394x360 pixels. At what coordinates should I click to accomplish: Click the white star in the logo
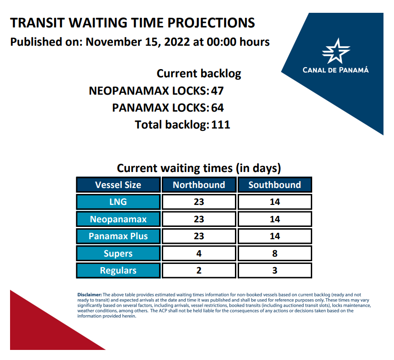(335, 51)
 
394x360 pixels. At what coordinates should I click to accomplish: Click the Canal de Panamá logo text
(335, 70)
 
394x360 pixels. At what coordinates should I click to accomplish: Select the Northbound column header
(199, 185)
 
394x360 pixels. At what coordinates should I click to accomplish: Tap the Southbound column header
(275, 185)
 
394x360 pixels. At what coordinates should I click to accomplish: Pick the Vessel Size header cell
(118, 185)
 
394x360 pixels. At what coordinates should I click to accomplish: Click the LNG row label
(118, 202)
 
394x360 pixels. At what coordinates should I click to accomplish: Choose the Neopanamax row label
(118, 219)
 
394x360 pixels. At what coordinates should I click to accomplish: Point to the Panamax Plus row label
(118, 236)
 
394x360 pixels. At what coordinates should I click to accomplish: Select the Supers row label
(118, 253)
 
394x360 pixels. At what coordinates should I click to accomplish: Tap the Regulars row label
(118, 270)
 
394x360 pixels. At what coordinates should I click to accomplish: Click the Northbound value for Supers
(199, 253)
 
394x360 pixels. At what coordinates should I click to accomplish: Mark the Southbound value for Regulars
(275, 270)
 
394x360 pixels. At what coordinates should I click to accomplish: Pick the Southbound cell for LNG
(275, 202)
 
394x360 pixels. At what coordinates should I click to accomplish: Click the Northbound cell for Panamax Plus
(199, 236)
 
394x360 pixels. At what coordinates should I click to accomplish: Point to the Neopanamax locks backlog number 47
(217, 91)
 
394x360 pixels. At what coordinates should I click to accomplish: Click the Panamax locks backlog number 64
(218, 108)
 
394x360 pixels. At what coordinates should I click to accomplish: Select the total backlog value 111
(221, 125)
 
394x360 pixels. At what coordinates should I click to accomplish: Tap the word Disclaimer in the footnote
(90, 295)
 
